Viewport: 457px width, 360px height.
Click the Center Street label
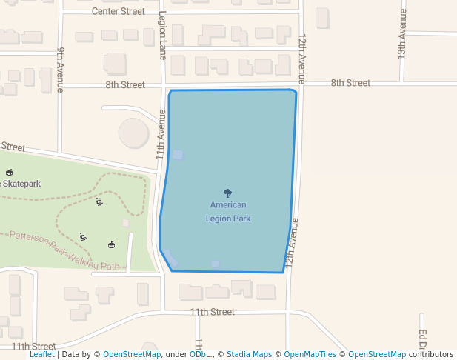[119, 11]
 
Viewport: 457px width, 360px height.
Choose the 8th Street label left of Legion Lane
[125, 85]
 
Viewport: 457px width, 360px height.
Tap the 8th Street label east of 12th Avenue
[350, 83]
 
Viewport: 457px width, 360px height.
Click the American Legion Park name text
[228, 212]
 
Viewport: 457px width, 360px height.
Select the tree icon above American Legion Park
[228, 193]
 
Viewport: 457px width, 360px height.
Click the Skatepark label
[21, 184]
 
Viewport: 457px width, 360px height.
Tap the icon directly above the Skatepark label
[9, 172]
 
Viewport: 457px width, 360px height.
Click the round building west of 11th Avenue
[134, 133]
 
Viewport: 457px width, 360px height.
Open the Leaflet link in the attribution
[42, 354]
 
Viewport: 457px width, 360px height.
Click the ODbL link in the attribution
[200, 354]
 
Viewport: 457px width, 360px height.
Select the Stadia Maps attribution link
[249, 354]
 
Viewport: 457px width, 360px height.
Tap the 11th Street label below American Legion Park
[212, 312]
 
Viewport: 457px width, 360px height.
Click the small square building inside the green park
[126, 222]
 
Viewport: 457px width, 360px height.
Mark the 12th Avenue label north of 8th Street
[301, 58]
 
